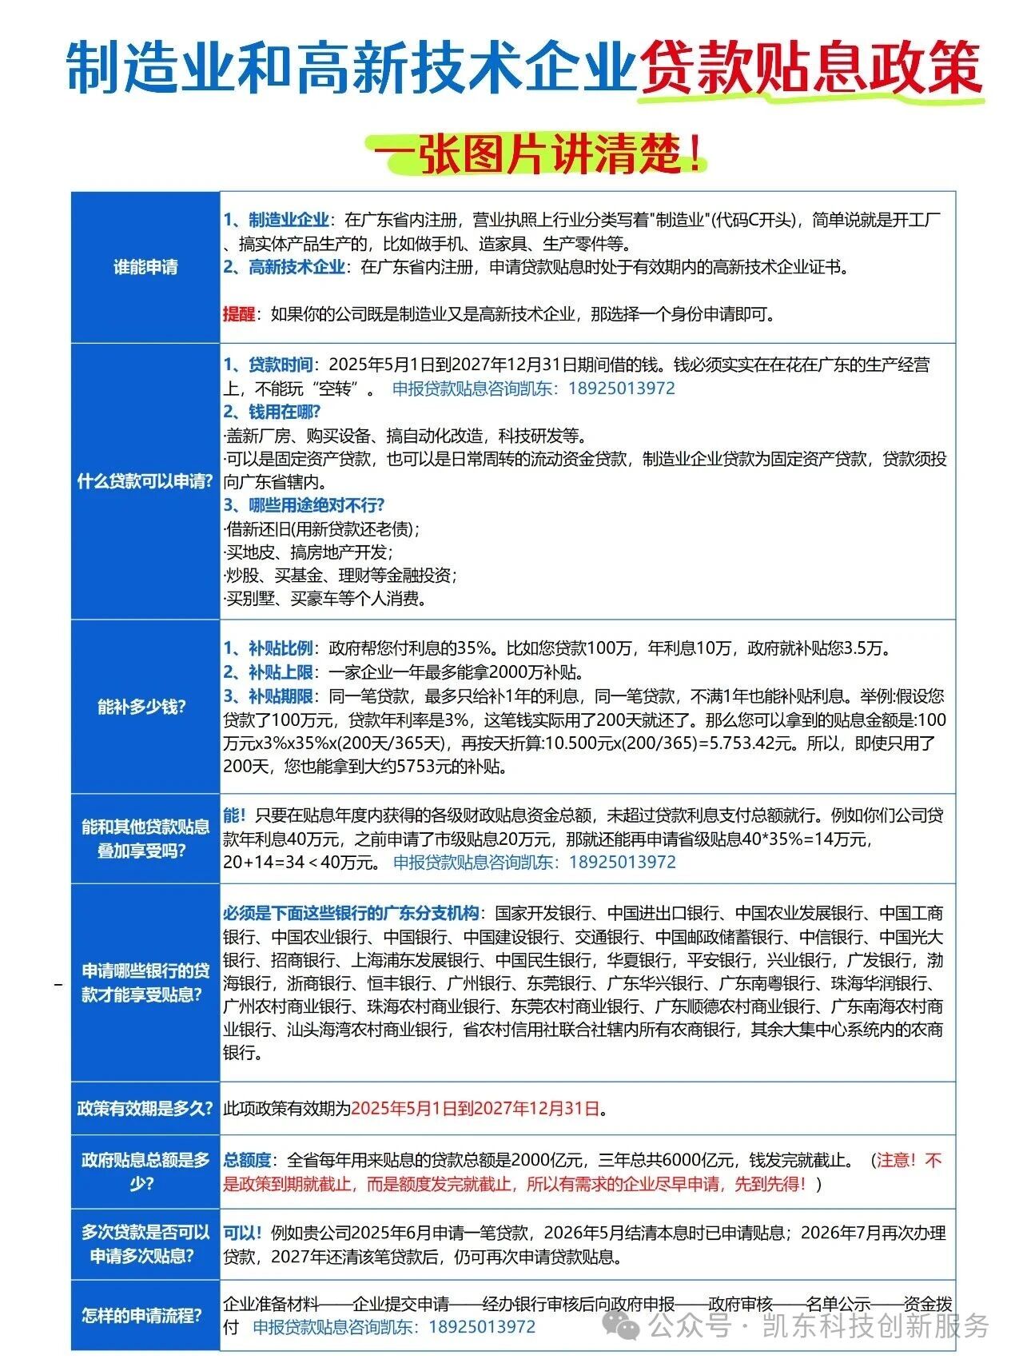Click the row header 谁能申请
pos(145,267)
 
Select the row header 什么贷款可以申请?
pos(145,481)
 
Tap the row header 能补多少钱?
pos(141,707)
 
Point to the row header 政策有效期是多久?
pos(145,1108)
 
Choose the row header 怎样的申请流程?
pos(141,1315)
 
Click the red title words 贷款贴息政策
pos(810,67)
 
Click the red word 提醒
pos(238,314)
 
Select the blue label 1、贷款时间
pos(268,365)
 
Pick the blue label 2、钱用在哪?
pos(272,412)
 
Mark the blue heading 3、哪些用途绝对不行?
pos(304,505)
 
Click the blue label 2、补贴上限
pos(268,672)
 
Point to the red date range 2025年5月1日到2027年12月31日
pos(476,1108)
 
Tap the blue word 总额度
pos(247,1160)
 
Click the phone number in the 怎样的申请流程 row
pos(482,1327)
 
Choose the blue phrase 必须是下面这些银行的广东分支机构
pos(352,913)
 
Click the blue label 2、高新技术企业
pos(284,267)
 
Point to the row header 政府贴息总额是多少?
pos(145,1171)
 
